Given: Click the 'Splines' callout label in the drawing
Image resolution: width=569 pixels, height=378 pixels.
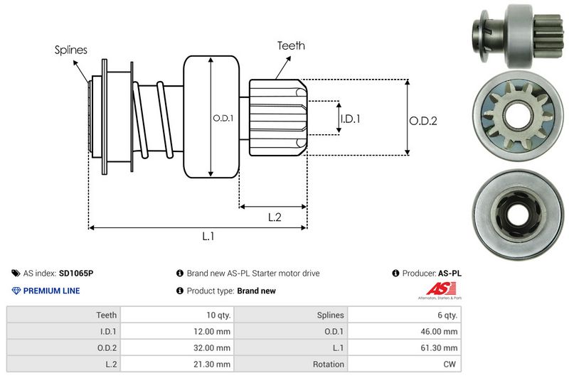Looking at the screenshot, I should pos(71,50).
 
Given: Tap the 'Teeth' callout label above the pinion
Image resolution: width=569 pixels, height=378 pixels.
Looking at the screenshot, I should pos(292,45).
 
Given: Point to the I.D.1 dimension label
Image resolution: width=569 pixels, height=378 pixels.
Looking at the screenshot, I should pos(350,119).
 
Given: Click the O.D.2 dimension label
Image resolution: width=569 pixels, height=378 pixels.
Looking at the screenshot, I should pos(422,121).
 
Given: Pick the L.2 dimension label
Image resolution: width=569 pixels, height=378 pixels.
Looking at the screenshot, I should pos(275,217).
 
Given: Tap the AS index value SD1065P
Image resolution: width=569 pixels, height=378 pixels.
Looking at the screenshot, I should pos(76,273).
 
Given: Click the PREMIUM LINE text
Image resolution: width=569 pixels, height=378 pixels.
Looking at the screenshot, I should pos(51,291).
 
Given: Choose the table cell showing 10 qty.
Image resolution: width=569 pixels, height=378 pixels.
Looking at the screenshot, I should pos(213,315).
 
